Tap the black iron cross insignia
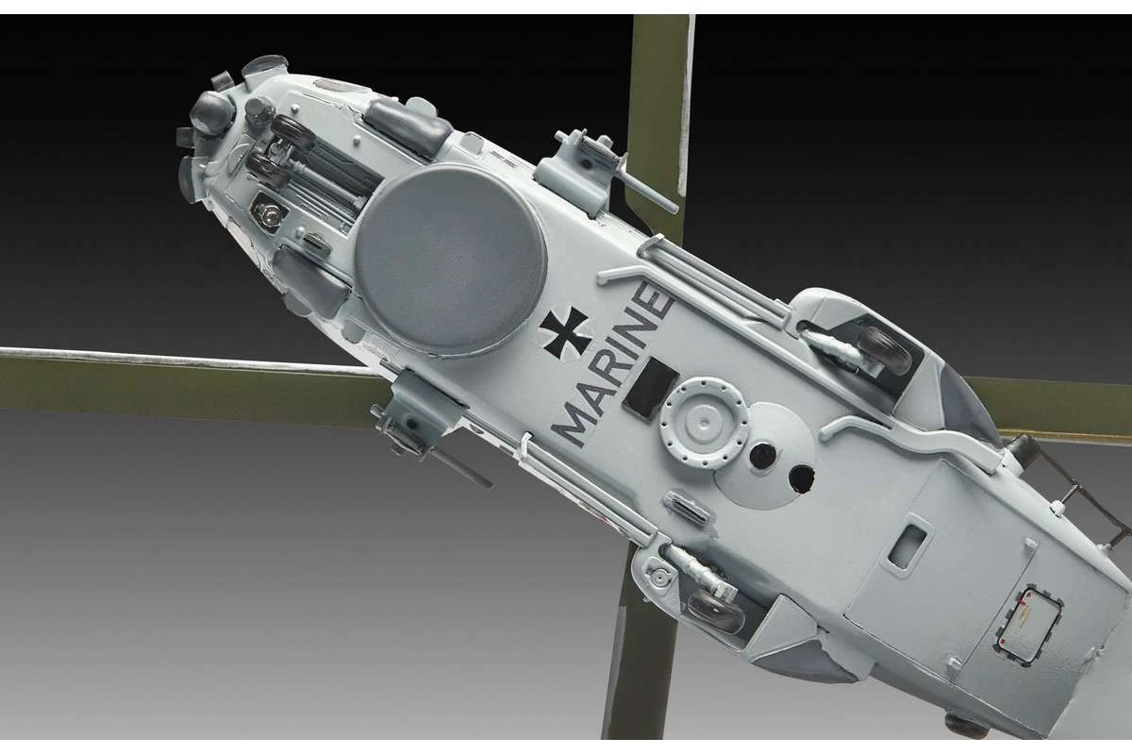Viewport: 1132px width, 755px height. [566, 334]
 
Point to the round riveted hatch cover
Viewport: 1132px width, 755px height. [704, 423]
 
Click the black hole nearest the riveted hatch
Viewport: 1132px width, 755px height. [763, 456]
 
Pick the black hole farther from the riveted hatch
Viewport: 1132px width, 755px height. [802, 478]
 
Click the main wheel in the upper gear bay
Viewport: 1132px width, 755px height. [885, 349]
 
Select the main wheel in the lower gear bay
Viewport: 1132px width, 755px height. [716, 610]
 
